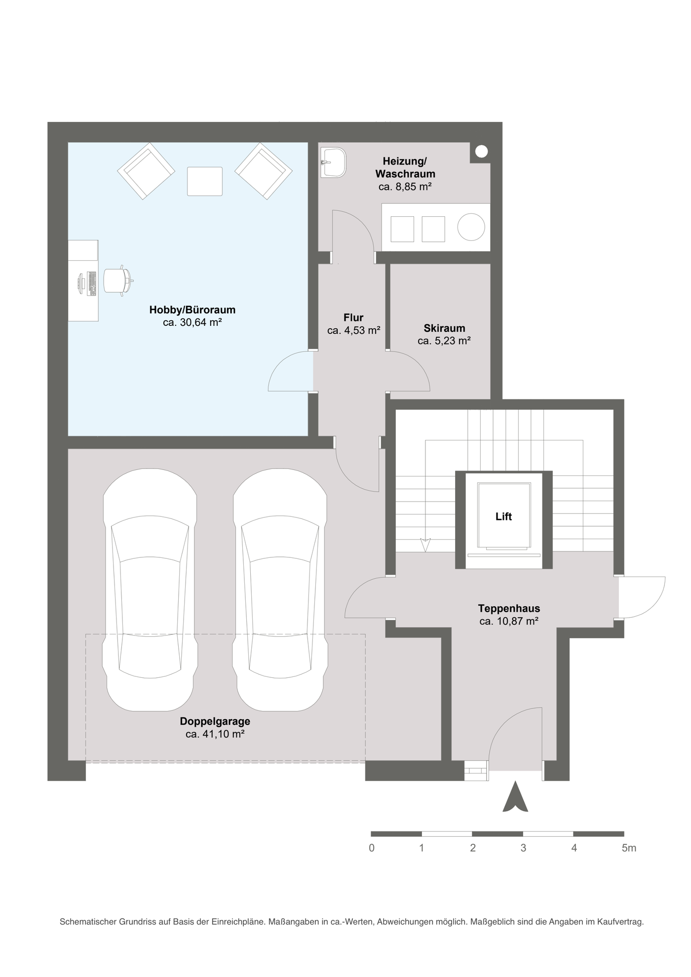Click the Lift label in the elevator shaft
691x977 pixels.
point(503,516)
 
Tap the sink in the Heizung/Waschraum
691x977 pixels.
point(334,162)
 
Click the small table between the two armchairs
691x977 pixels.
point(205,181)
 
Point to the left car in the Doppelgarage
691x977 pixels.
point(150,589)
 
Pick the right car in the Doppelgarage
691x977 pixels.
point(280,589)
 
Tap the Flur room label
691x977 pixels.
point(353,317)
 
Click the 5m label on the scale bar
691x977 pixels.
point(629,848)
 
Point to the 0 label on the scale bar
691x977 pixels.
point(372,848)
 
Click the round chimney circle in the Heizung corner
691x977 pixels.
point(482,152)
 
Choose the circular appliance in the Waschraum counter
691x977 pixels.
point(471,227)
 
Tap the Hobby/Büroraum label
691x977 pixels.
point(192,310)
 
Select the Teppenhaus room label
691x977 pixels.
point(509,608)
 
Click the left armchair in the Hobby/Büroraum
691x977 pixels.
point(146,171)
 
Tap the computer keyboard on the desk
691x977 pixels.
point(91,283)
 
